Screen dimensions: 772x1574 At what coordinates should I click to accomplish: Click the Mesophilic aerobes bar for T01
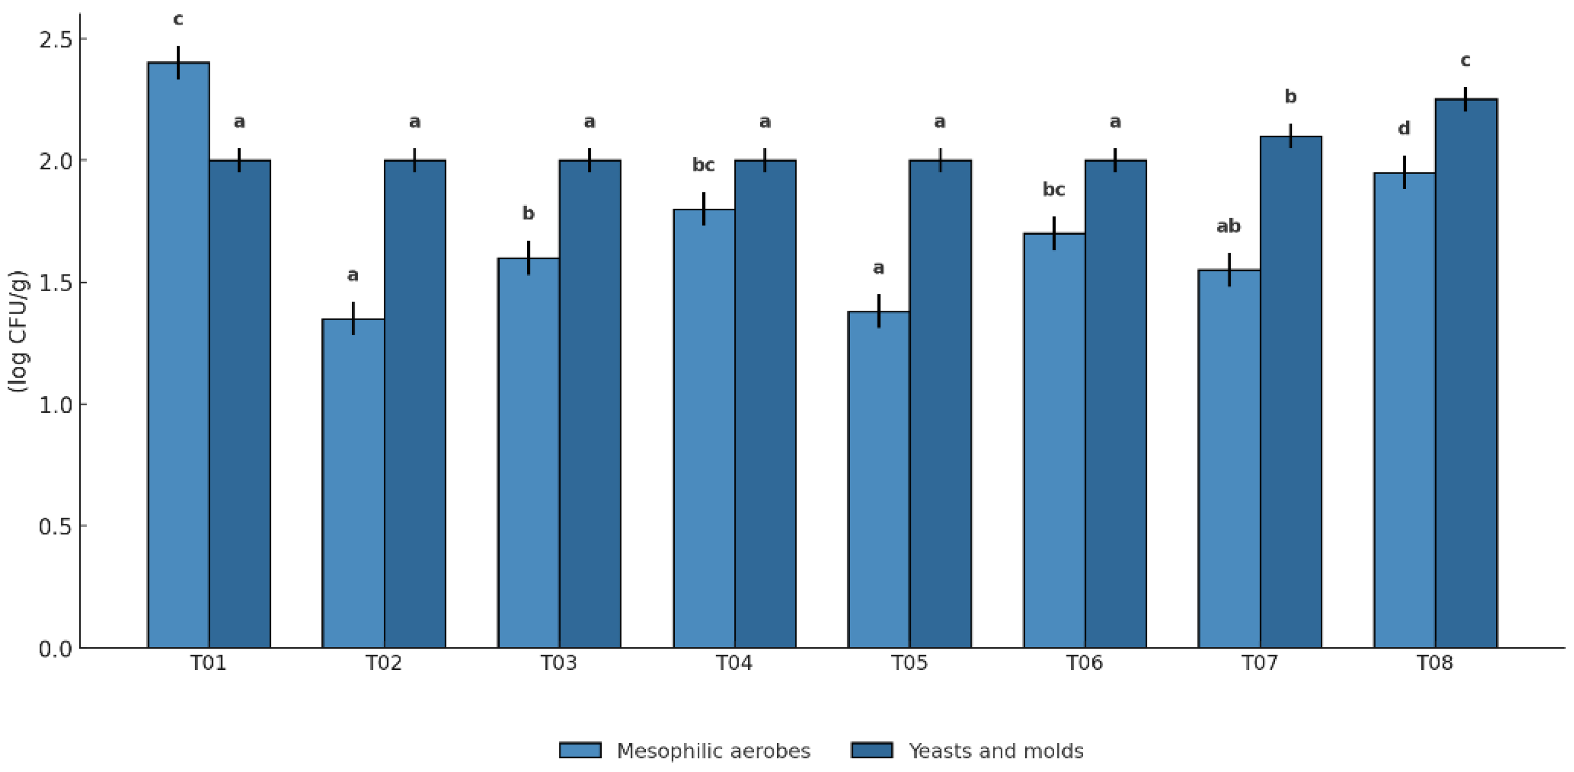coord(178,355)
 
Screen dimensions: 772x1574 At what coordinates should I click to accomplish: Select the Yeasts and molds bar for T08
coord(1465,373)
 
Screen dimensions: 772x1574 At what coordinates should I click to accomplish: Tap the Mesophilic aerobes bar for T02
coord(353,483)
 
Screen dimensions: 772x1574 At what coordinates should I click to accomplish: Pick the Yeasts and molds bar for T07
coord(1291,391)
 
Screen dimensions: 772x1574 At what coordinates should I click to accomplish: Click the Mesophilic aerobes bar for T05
coord(878,479)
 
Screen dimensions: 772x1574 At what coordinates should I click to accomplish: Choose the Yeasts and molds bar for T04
coord(765,403)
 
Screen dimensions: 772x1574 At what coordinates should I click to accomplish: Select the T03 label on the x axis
coord(558,663)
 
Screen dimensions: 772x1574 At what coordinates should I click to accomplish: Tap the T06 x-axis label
coord(1085,663)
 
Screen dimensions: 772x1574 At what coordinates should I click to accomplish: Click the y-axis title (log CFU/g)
coord(18,331)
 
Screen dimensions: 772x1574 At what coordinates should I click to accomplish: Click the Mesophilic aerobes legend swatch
coord(580,750)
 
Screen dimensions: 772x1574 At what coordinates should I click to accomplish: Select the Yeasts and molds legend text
coord(996,751)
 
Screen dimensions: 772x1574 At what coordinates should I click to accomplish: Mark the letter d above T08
coord(1404,128)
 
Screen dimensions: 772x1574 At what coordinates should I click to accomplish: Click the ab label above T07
coord(1228,226)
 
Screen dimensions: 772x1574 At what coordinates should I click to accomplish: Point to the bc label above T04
coord(703,165)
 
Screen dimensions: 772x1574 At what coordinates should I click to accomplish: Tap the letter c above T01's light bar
coord(178,20)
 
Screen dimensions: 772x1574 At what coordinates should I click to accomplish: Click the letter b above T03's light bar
coord(529,213)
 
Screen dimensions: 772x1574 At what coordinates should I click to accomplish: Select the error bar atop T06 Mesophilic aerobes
coord(1054,233)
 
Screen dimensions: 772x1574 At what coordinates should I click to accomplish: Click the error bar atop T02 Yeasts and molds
coord(414,160)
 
